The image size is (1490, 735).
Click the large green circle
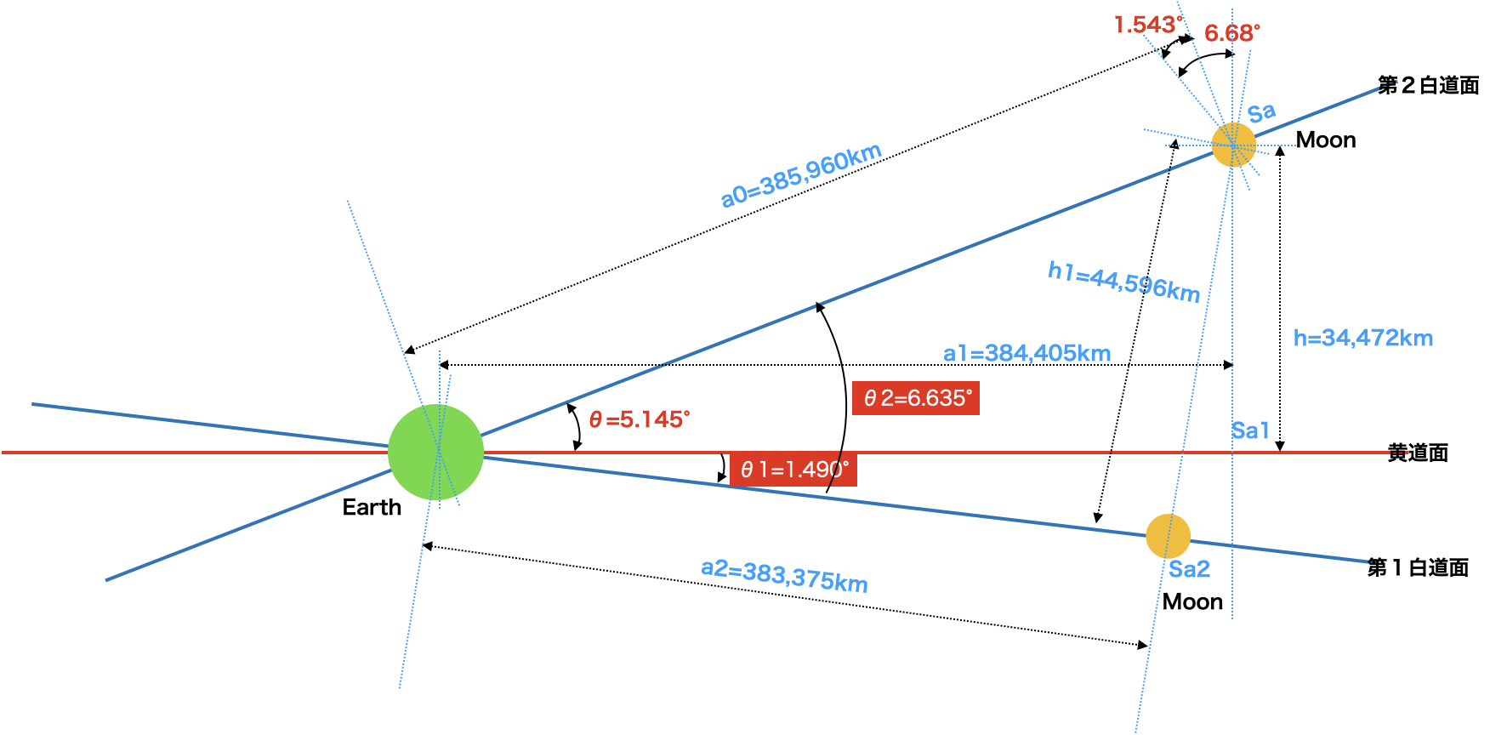coord(435,452)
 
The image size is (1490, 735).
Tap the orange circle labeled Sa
coord(1233,145)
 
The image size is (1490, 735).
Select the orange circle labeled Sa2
coord(1168,536)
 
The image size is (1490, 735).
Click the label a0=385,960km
coord(801,175)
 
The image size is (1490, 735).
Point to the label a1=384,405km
coord(1027,353)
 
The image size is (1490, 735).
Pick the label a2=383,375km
coord(784,576)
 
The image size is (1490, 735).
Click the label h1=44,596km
coord(1123,282)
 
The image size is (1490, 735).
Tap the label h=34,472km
coord(1362,338)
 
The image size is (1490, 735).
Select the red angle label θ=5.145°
coord(639,419)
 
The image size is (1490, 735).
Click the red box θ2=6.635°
coord(916,398)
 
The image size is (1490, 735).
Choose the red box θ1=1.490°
coord(793,470)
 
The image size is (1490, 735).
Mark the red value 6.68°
coord(1231,33)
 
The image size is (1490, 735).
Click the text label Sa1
coord(1250,430)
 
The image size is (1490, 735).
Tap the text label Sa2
coord(1189,569)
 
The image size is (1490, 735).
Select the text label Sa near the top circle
coord(1261,112)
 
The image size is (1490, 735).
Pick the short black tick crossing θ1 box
coord(835,470)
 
